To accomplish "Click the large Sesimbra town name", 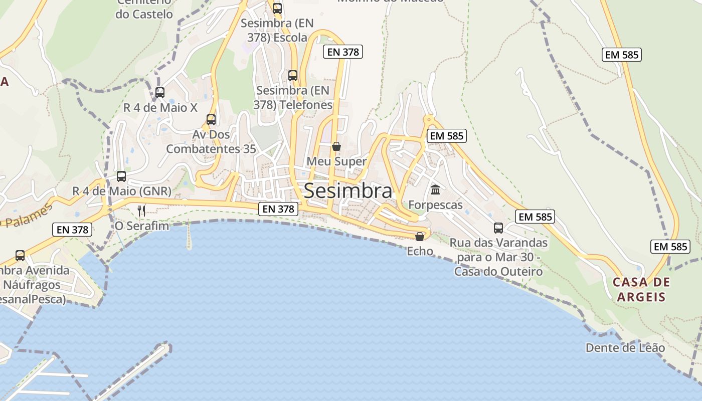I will [348, 191].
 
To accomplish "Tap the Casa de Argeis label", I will [641, 289].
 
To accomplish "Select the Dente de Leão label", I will [625, 348].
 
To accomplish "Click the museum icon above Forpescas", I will [435, 190].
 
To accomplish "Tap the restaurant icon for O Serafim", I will [141, 211].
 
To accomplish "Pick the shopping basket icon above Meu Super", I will [336, 146].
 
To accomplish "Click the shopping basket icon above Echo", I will [420, 237].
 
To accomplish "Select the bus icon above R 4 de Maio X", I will [160, 93].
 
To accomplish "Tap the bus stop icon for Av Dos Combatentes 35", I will [211, 120].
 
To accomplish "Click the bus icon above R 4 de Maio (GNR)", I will [121, 176].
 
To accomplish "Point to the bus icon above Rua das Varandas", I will [498, 228].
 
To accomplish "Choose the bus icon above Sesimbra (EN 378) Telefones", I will [293, 76].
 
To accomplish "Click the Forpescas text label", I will [435, 205].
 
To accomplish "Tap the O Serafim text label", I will [142, 226].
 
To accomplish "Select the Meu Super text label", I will [336, 161].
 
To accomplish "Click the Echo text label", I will [420, 251].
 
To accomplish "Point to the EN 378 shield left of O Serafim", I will [73, 230].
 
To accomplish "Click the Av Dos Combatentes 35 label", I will [211, 142].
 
